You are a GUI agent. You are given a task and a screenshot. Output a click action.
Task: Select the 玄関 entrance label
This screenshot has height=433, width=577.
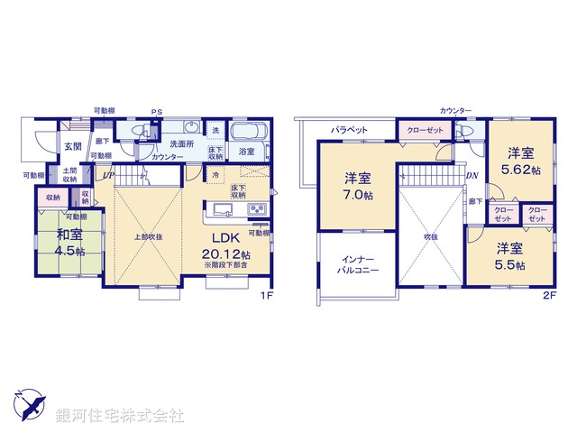[x=72, y=145]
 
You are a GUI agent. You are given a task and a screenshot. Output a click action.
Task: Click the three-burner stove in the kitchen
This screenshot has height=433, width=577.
[x=256, y=211]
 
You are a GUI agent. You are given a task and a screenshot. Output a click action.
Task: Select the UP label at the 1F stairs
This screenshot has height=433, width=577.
[x=108, y=175]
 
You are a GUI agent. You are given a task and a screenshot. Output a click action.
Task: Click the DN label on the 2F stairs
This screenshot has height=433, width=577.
[x=472, y=175]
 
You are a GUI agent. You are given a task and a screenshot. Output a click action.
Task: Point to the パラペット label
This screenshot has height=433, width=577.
[x=349, y=130]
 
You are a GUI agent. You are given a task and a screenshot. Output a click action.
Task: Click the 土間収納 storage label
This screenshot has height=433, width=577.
[x=69, y=174]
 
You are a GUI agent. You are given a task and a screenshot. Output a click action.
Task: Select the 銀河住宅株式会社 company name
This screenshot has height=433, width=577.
[x=120, y=416]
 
